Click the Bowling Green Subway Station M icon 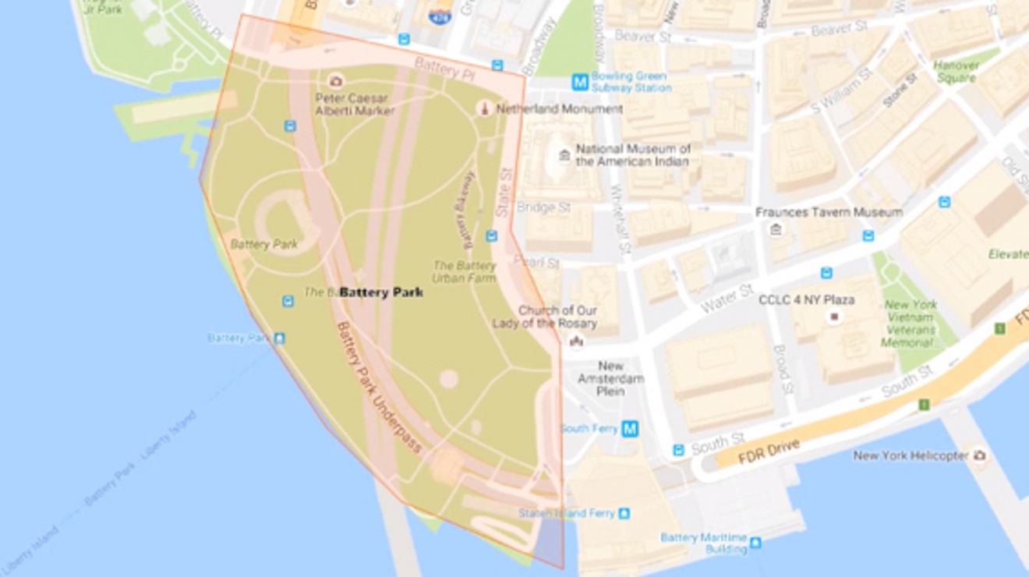pos(579,82)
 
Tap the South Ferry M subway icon pos(630,428)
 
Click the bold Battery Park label pos(381,292)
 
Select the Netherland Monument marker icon pos(484,109)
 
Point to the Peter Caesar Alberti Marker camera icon pos(336,81)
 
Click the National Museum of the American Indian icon pos(564,156)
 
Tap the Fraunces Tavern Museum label pos(829,212)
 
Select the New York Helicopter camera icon pos(979,455)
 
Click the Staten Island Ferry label pos(568,513)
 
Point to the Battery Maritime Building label pos(704,543)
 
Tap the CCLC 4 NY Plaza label pos(806,300)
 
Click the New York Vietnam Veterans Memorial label pos(909,324)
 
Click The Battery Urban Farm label pos(465,271)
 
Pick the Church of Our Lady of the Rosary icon pos(576,340)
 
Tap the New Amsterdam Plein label pos(610,378)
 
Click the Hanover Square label pos(956,72)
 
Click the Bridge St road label pos(543,208)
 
